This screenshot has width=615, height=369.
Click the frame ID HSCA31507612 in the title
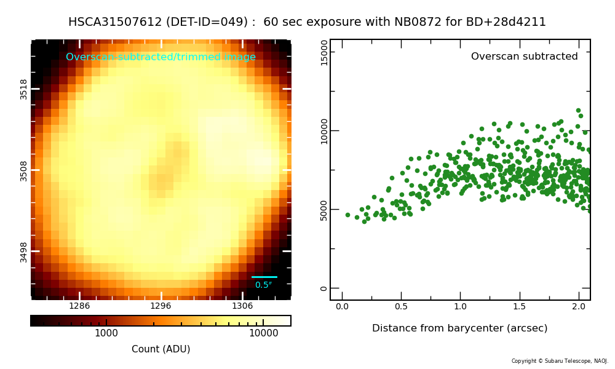[115, 22]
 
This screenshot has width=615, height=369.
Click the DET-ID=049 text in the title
[207, 22]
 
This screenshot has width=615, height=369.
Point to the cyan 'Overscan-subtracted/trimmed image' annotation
[161, 57]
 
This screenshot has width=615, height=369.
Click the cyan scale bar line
[264, 277]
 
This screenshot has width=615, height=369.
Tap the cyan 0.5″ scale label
[264, 285]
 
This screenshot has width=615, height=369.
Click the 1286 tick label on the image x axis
[79, 306]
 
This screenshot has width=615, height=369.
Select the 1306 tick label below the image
[242, 306]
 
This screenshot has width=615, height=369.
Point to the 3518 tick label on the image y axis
[23, 89]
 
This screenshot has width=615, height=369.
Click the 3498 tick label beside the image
[23, 252]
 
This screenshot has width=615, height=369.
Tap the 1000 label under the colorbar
[106, 333]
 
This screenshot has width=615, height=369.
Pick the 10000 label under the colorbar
[264, 333]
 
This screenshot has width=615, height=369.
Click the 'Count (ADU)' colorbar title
[161, 349]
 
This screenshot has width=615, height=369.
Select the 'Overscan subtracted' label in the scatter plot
[525, 57]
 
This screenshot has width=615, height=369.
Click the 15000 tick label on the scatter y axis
[324, 53]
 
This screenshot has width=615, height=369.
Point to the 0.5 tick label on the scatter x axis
[401, 306]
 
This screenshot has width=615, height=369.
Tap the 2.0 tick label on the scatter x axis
[579, 306]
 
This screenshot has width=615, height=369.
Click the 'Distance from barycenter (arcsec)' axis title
[459, 328]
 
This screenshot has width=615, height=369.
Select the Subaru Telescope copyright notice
[560, 361]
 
